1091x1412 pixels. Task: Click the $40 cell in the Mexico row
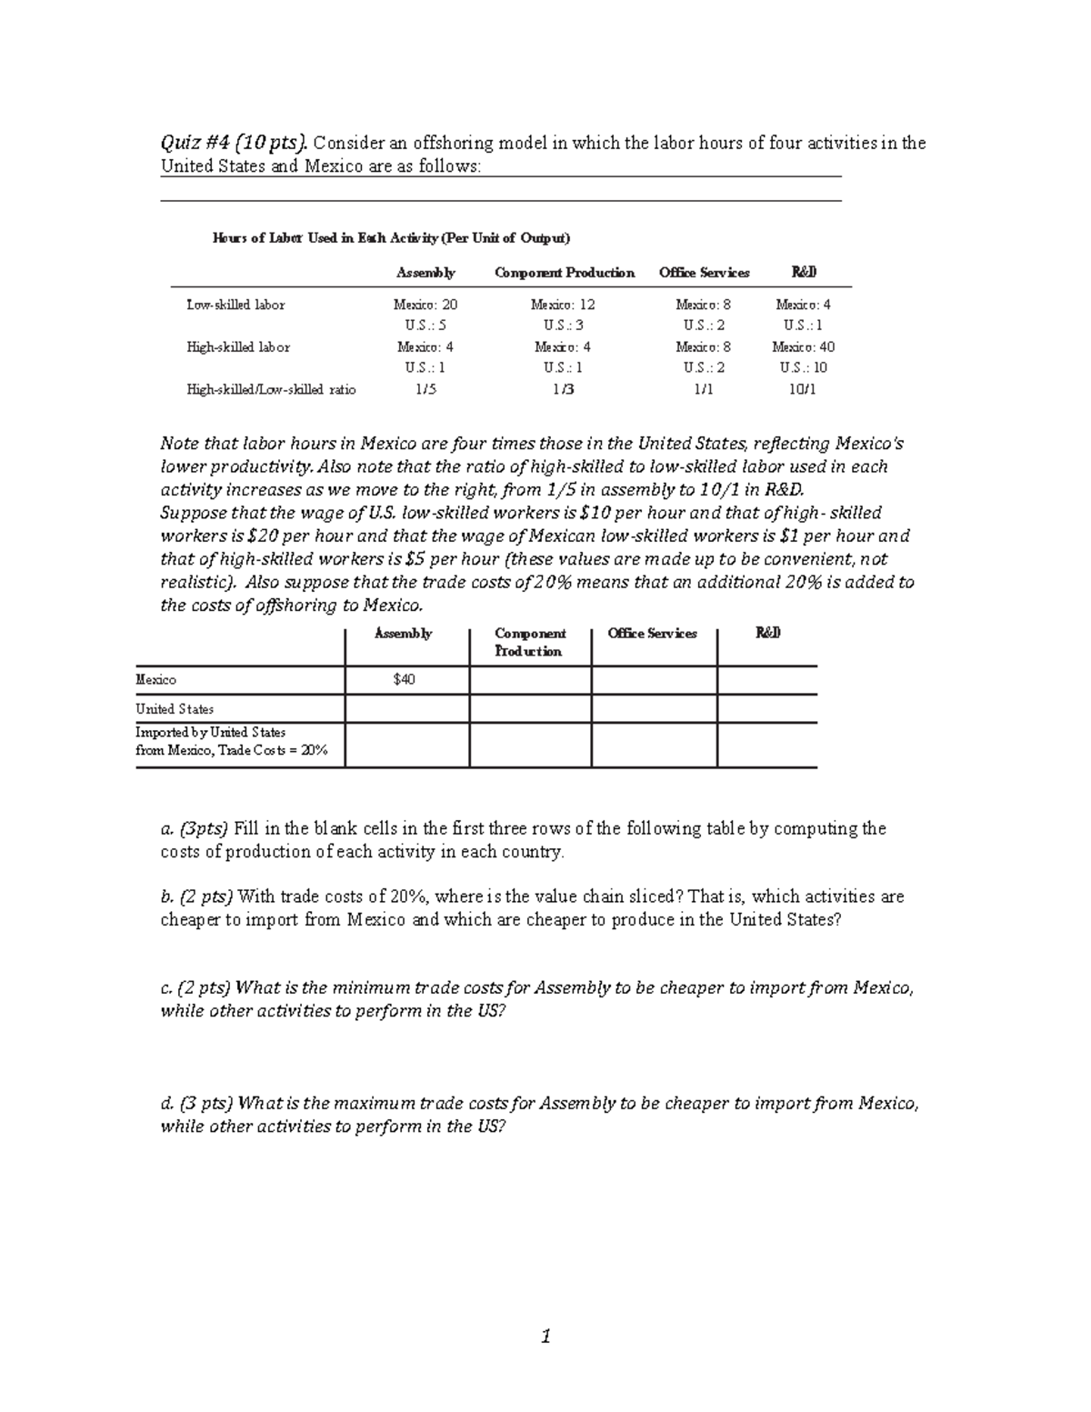pos(405,680)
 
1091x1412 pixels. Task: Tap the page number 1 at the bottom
pos(545,1337)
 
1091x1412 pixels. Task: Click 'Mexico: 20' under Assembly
pos(425,305)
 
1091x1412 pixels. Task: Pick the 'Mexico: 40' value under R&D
pos(803,347)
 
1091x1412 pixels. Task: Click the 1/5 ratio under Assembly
pos(425,390)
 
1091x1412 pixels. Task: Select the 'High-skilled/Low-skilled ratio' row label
pos(271,390)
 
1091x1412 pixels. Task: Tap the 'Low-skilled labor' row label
pos(235,305)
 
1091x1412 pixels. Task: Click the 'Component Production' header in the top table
pos(564,273)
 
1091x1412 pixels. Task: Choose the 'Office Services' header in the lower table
pos(652,634)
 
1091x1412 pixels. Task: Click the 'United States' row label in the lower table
pos(175,709)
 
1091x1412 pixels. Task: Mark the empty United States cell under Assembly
pos(406,709)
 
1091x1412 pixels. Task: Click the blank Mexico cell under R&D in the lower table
pos(766,680)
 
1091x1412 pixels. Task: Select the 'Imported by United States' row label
pos(211,733)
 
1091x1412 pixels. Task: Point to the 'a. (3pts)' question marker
pos(195,828)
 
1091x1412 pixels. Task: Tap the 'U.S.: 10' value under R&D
pos(803,368)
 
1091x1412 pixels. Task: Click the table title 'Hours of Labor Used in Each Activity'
pos(391,238)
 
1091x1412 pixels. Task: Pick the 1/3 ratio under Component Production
pos(564,390)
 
